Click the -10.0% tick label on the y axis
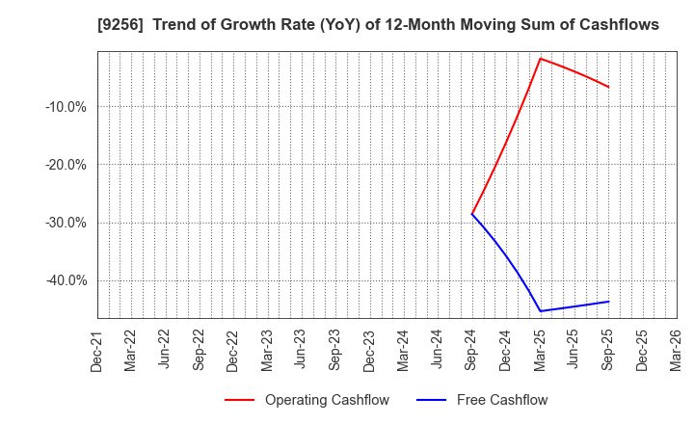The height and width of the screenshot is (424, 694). [x=66, y=107]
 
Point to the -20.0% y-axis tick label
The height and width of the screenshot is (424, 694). [x=66, y=165]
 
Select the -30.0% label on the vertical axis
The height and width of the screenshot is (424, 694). [x=66, y=223]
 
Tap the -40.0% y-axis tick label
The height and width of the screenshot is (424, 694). [x=66, y=280]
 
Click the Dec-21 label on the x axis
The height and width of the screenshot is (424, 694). [x=97, y=349]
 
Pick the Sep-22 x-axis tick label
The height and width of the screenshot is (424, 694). [x=200, y=349]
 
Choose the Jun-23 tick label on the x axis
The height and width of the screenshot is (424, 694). [x=302, y=349]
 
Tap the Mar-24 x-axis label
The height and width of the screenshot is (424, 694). [x=404, y=349]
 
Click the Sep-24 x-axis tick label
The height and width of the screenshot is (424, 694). [x=472, y=349]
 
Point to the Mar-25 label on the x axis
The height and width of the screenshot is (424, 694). [x=540, y=349]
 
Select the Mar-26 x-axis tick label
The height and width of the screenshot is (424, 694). [x=677, y=349]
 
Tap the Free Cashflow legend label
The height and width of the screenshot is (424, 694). [x=501, y=400]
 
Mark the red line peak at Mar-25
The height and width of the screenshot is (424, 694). [x=540, y=58]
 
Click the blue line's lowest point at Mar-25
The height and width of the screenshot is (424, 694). [x=540, y=310]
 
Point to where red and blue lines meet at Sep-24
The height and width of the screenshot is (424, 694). [x=472, y=214]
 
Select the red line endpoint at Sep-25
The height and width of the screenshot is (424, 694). [x=608, y=87]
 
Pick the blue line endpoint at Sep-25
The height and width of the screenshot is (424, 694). [x=608, y=302]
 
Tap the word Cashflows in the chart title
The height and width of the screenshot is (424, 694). [x=621, y=25]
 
